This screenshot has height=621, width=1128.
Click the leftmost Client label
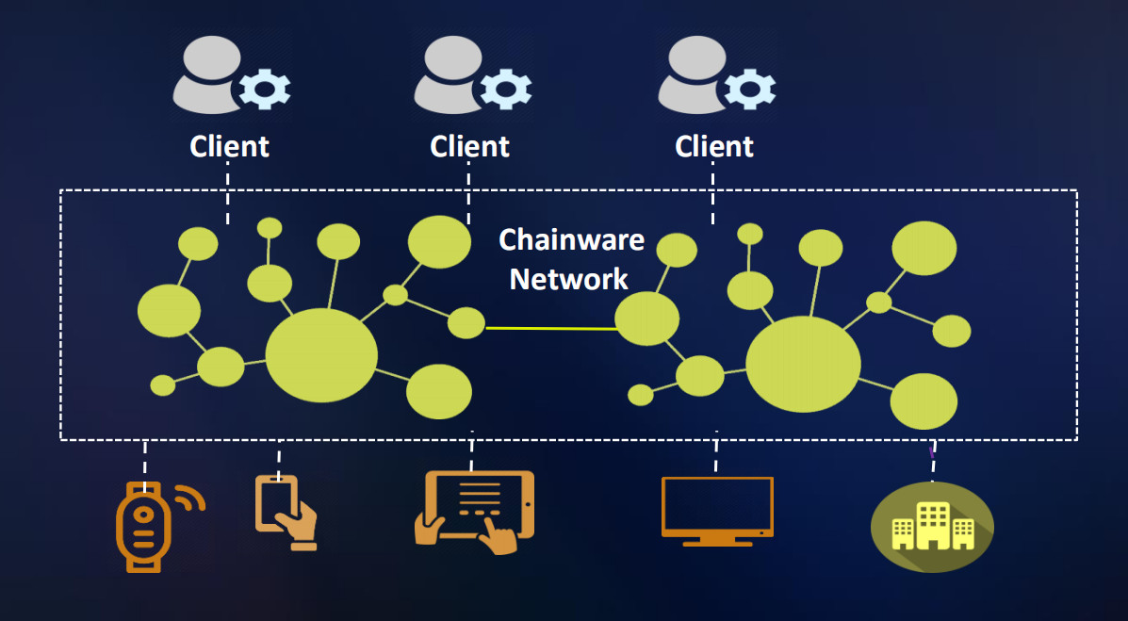click(229, 147)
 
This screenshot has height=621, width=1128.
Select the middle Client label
click(469, 147)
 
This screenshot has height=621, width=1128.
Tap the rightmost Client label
click(714, 147)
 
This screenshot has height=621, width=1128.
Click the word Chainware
click(571, 240)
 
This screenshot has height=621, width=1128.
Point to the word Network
click(568, 279)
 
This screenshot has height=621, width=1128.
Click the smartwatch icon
click(143, 526)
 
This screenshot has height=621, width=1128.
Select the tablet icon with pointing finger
click(475, 510)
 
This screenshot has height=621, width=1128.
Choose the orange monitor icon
click(717, 510)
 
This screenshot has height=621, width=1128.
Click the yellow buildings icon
click(931, 526)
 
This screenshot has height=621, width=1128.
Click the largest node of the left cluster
click(321, 355)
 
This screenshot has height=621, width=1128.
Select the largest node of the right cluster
click(803, 364)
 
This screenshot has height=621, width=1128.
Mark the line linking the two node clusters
click(550, 328)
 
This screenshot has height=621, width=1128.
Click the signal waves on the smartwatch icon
click(193, 498)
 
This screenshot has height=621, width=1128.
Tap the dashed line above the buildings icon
click(933, 462)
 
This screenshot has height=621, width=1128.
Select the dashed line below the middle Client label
click(468, 192)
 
